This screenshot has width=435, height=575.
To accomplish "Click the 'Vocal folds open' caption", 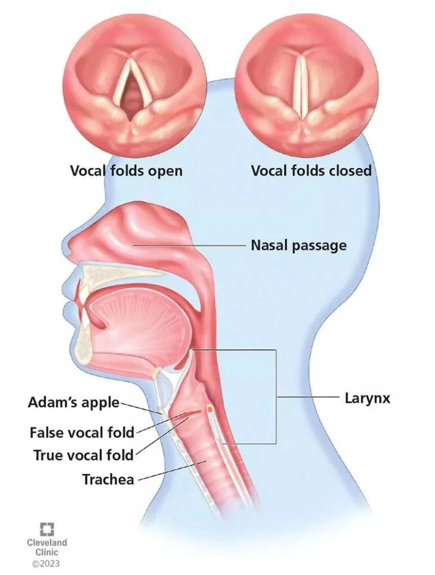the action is coord(126,171).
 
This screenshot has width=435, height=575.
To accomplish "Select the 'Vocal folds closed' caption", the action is coord(311,171).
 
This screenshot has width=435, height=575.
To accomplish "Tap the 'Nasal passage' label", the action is coord(298,245).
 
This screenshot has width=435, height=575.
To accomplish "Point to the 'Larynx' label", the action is coord(367,398).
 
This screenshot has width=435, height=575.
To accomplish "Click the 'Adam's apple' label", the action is coord(74,402).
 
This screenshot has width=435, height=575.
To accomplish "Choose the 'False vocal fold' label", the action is coord(82,432).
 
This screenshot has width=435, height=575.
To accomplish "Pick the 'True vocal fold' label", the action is coord(84,455).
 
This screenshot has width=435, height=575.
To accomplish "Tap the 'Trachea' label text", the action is coord(108,480).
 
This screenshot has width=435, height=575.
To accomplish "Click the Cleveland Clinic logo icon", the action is coord(47,529).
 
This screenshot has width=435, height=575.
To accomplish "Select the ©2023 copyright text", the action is coord(47,563).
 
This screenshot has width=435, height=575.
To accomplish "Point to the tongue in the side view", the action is coord(139,323).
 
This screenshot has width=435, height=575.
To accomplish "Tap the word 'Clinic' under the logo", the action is coord(47,552).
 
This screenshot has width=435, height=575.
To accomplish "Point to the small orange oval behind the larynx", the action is coord(210,408).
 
